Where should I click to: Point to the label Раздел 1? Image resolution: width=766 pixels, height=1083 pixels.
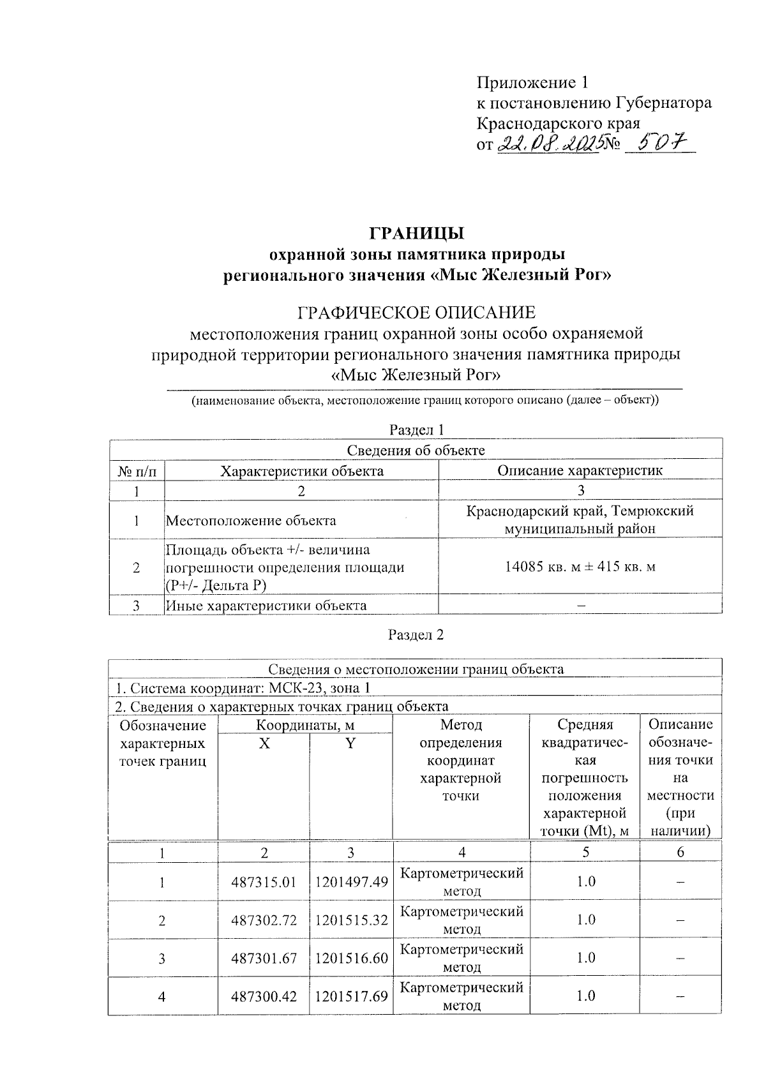pyautogui.click(x=416, y=429)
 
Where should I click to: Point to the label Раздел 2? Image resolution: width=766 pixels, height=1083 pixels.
pyautogui.click(x=416, y=634)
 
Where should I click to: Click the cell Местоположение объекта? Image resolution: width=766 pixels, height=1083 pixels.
pyautogui.click(x=252, y=520)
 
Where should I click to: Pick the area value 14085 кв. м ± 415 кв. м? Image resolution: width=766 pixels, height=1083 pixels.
pyautogui.click(x=580, y=566)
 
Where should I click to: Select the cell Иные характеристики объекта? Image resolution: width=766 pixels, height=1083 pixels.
pyautogui.click(x=266, y=605)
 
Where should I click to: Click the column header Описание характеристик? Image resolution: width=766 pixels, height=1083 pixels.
pyautogui.click(x=580, y=470)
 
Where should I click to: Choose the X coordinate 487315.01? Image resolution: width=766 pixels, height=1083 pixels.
pyautogui.click(x=264, y=882)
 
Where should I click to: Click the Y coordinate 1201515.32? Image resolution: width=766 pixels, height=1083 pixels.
pyautogui.click(x=351, y=920)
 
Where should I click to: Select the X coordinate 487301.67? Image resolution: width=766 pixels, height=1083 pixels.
pyautogui.click(x=264, y=958)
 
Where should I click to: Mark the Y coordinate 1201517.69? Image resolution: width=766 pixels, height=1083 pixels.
pyautogui.click(x=351, y=996)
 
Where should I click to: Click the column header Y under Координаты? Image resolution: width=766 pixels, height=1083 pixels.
pyautogui.click(x=350, y=743)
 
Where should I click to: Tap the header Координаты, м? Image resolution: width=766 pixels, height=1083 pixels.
pyautogui.click(x=305, y=725)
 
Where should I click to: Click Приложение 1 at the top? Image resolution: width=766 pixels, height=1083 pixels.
pyautogui.click(x=532, y=82)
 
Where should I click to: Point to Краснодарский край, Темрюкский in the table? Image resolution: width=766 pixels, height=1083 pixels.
pyautogui.click(x=580, y=511)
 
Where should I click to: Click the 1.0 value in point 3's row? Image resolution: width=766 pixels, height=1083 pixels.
pyautogui.click(x=585, y=957)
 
